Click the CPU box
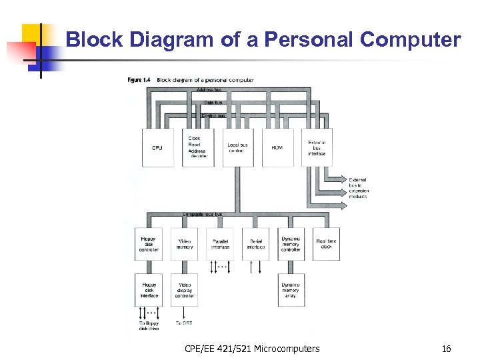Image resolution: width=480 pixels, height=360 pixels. click(157, 147)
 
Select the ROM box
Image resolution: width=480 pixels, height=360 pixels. click(277, 147)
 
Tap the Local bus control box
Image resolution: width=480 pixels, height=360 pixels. click(237, 147)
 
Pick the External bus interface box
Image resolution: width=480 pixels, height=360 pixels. click(317, 147)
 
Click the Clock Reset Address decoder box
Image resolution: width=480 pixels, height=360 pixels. click(197, 147)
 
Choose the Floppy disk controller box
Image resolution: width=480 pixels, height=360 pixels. click(148, 244)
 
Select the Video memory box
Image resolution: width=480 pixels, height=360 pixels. click(184, 244)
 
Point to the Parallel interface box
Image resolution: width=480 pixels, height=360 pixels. click(220, 244)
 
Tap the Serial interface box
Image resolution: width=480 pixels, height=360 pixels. click(256, 244)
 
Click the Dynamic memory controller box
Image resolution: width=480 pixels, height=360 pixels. click(291, 244)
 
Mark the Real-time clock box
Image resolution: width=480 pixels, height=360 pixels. click(326, 244)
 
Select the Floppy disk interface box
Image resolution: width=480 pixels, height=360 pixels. click(148, 289)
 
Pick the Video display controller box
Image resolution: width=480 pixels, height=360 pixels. click(184, 289)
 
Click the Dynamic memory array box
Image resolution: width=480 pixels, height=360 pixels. click(291, 289)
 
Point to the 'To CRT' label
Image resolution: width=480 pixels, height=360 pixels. click(183, 323)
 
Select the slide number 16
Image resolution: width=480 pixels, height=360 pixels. click(446, 349)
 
